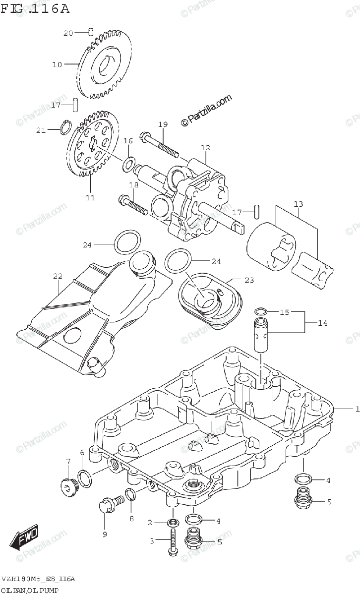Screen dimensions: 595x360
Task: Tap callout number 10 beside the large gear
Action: pos(57,64)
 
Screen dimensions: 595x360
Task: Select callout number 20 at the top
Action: pos(68,33)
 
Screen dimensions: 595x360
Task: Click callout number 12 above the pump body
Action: pos(205,148)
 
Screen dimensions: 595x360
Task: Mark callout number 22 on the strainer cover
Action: pos(58,276)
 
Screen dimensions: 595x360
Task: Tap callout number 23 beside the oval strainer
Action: pos(248,280)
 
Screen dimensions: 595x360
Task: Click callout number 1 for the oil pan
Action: pos(357,409)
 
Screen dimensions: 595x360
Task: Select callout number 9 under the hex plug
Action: pos(105,534)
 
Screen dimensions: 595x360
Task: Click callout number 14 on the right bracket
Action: pos(323,323)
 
